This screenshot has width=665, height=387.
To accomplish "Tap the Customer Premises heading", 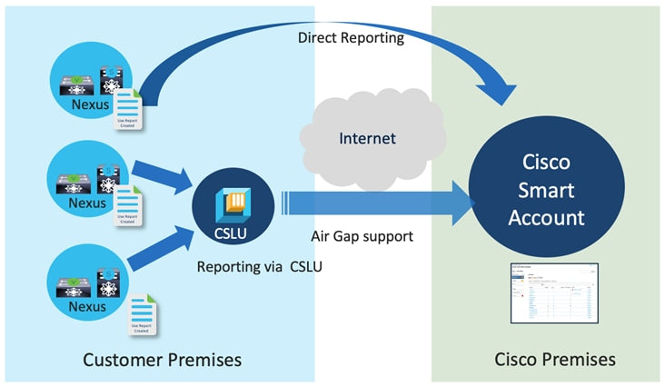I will click(x=162, y=360).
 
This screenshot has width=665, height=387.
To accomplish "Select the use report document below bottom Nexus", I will click(x=141, y=314).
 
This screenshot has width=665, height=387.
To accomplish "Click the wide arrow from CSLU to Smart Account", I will click(x=382, y=202).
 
